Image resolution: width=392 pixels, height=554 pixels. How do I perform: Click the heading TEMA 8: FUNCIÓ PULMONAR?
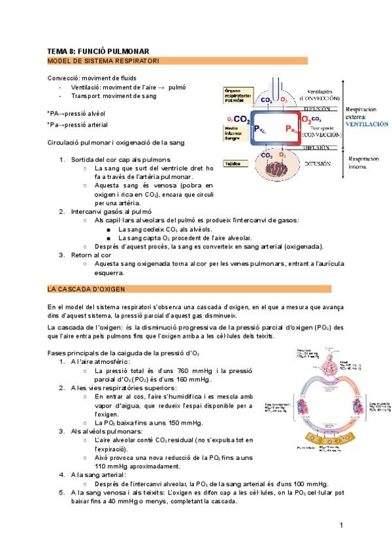(x=99, y=51)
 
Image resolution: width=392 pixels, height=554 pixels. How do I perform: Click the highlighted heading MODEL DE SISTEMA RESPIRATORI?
(x=104, y=61)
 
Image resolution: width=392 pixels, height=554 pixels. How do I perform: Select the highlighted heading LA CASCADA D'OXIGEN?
(x=87, y=289)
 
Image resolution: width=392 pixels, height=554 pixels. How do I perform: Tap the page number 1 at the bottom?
(x=341, y=526)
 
